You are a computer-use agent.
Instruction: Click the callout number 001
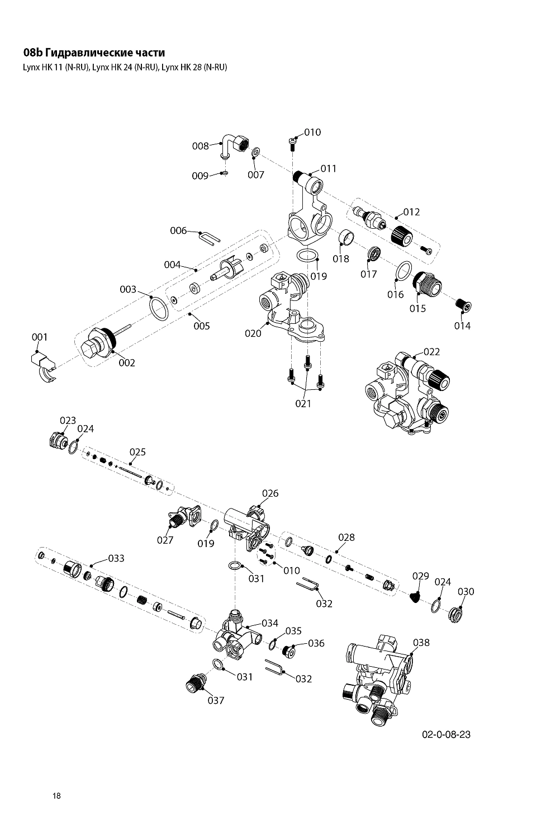[40, 337]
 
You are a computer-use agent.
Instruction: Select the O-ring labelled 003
[159, 308]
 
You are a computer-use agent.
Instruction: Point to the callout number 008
[200, 146]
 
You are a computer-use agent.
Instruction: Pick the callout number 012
[411, 212]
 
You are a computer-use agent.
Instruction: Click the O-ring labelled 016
[403, 271]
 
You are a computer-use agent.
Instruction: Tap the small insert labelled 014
[463, 306]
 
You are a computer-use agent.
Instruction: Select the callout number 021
[303, 403]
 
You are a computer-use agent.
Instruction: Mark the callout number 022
[431, 352]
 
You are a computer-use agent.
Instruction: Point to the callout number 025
[137, 452]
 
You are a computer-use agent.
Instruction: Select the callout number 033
[116, 558]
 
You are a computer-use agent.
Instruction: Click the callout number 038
[421, 643]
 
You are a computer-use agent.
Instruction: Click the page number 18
[57, 796]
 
